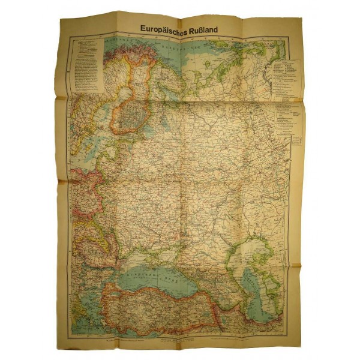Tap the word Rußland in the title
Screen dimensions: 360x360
[208, 27]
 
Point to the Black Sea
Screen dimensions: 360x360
[157, 270]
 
